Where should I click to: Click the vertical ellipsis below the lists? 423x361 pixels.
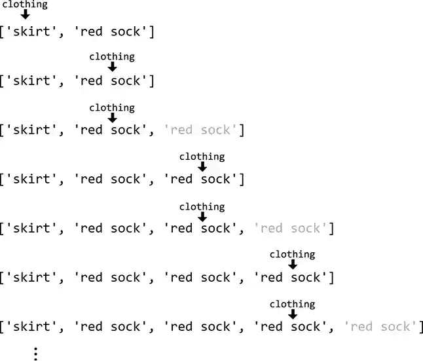pyautogui.click(x=35, y=353)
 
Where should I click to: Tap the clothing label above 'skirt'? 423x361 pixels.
pyautogui.click(x=25, y=5)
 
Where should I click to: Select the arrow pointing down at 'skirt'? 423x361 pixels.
pyautogui.click(x=25, y=14)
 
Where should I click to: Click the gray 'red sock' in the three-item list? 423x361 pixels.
pyautogui.click(x=200, y=130)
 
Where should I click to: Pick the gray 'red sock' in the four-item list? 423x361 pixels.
pyautogui.click(x=290, y=228)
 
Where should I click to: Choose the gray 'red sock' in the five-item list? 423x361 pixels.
pyautogui.click(x=380, y=326)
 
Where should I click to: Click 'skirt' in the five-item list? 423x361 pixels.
pyautogui.click(x=31, y=326)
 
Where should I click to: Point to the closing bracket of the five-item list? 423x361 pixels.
pyautogui.click(x=421, y=326)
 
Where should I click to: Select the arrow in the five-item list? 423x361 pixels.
pyautogui.click(x=293, y=314)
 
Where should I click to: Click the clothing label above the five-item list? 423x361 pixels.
pyautogui.click(x=293, y=304)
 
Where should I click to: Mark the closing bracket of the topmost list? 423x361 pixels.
pyautogui.click(x=152, y=31)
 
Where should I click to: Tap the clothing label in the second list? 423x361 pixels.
pyautogui.click(x=112, y=56)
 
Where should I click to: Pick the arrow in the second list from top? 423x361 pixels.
pyautogui.click(x=112, y=67)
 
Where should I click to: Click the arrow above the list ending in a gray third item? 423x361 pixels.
pyautogui.click(x=112, y=118)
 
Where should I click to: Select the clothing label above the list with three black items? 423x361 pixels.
pyautogui.click(x=202, y=157)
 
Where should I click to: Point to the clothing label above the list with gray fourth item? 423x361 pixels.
pyautogui.click(x=202, y=206)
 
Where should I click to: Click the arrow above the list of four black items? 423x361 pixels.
pyautogui.click(x=293, y=265)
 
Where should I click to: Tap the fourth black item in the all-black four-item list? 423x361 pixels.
pyautogui.click(x=290, y=277)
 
